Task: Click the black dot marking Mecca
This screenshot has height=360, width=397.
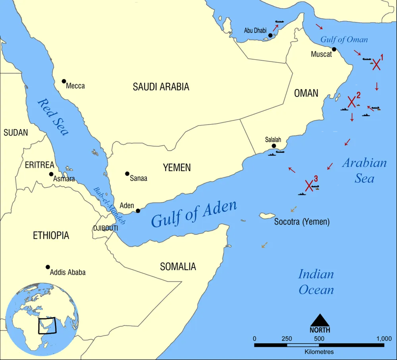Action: coord(64,81)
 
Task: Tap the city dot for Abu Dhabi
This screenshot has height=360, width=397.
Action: coord(270,35)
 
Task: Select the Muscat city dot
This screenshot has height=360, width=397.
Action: coord(334,49)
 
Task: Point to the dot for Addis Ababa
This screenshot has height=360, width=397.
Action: coord(48,267)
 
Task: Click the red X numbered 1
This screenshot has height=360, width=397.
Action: coord(376,65)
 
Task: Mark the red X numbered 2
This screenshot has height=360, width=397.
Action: coord(351,102)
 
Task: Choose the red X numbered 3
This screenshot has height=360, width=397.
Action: coord(309,185)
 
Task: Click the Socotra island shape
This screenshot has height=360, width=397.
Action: coord(267,215)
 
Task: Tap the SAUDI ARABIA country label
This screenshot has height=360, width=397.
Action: coord(161,87)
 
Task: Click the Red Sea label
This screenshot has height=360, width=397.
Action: coord(52,117)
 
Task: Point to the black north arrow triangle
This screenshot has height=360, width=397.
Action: coord(320,320)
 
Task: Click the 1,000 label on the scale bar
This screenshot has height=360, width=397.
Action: coord(384,339)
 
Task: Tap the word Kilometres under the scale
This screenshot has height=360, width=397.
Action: coord(319,352)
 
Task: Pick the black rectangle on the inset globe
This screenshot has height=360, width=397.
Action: coord(47,326)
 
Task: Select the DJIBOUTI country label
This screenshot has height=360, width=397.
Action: coord(105,228)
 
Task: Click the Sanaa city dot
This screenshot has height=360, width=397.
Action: coord(127,174)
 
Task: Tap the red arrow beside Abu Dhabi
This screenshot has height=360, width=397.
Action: coord(275,27)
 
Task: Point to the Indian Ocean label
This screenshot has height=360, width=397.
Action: coord(316,282)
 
